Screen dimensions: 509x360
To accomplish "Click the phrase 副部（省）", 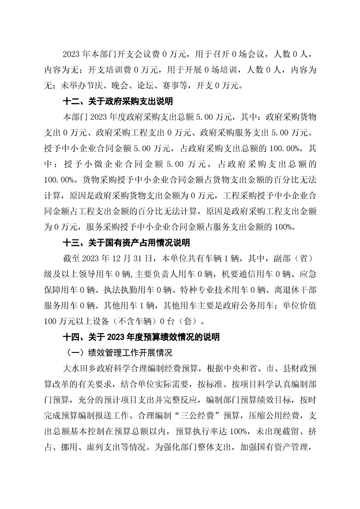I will click(289, 259).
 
